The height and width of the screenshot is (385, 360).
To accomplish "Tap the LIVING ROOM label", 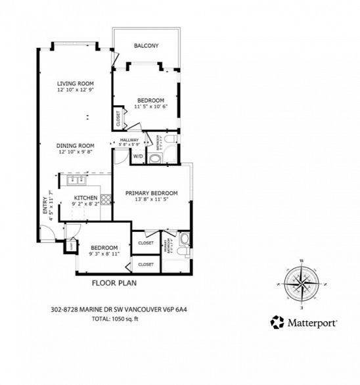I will [76, 83].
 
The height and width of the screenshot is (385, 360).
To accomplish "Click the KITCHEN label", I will [85, 198].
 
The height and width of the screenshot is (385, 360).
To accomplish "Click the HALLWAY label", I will [129, 140].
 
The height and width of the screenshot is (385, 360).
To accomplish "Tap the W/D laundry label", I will [138, 156].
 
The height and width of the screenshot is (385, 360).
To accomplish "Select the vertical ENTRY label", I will [45, 202].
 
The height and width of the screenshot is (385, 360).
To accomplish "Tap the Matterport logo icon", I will [277, 323].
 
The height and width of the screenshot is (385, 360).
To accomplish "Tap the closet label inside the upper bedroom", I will [118, 118].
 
